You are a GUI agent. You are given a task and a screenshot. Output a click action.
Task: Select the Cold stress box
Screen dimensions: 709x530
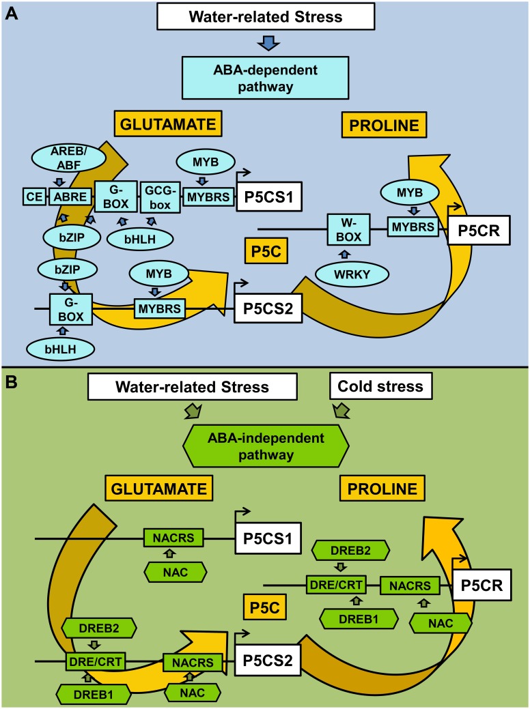381,387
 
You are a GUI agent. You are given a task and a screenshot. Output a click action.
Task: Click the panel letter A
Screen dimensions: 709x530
12,12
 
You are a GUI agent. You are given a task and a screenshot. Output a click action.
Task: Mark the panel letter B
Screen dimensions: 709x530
12,379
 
